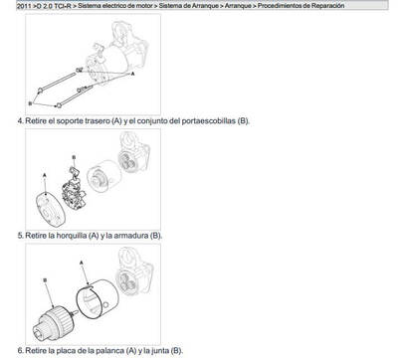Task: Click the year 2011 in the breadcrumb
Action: point(11,6)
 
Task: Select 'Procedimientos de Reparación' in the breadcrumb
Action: point(343,6)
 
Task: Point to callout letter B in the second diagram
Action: point(76,158)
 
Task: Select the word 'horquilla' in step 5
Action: point(72,236)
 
